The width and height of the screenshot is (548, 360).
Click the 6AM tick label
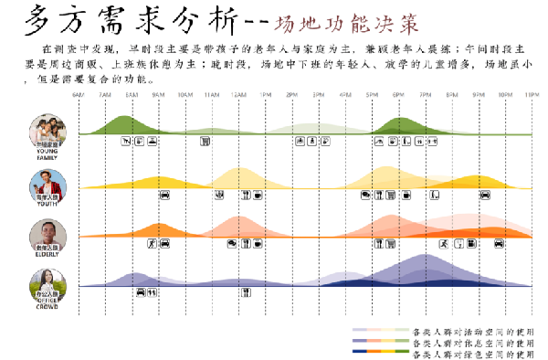79,94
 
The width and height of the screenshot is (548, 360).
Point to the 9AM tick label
158,94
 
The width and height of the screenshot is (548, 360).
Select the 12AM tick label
238,94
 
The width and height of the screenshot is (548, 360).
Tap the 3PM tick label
318,94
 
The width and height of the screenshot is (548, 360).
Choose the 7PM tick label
425,94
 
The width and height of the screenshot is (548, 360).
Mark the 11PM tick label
531,94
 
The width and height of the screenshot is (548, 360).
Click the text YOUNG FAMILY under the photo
47,154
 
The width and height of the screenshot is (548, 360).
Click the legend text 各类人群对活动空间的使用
472,330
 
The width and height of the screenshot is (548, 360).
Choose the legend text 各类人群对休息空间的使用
472,341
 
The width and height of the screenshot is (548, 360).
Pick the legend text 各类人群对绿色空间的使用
472,352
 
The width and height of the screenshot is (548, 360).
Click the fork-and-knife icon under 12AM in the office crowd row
246,292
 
